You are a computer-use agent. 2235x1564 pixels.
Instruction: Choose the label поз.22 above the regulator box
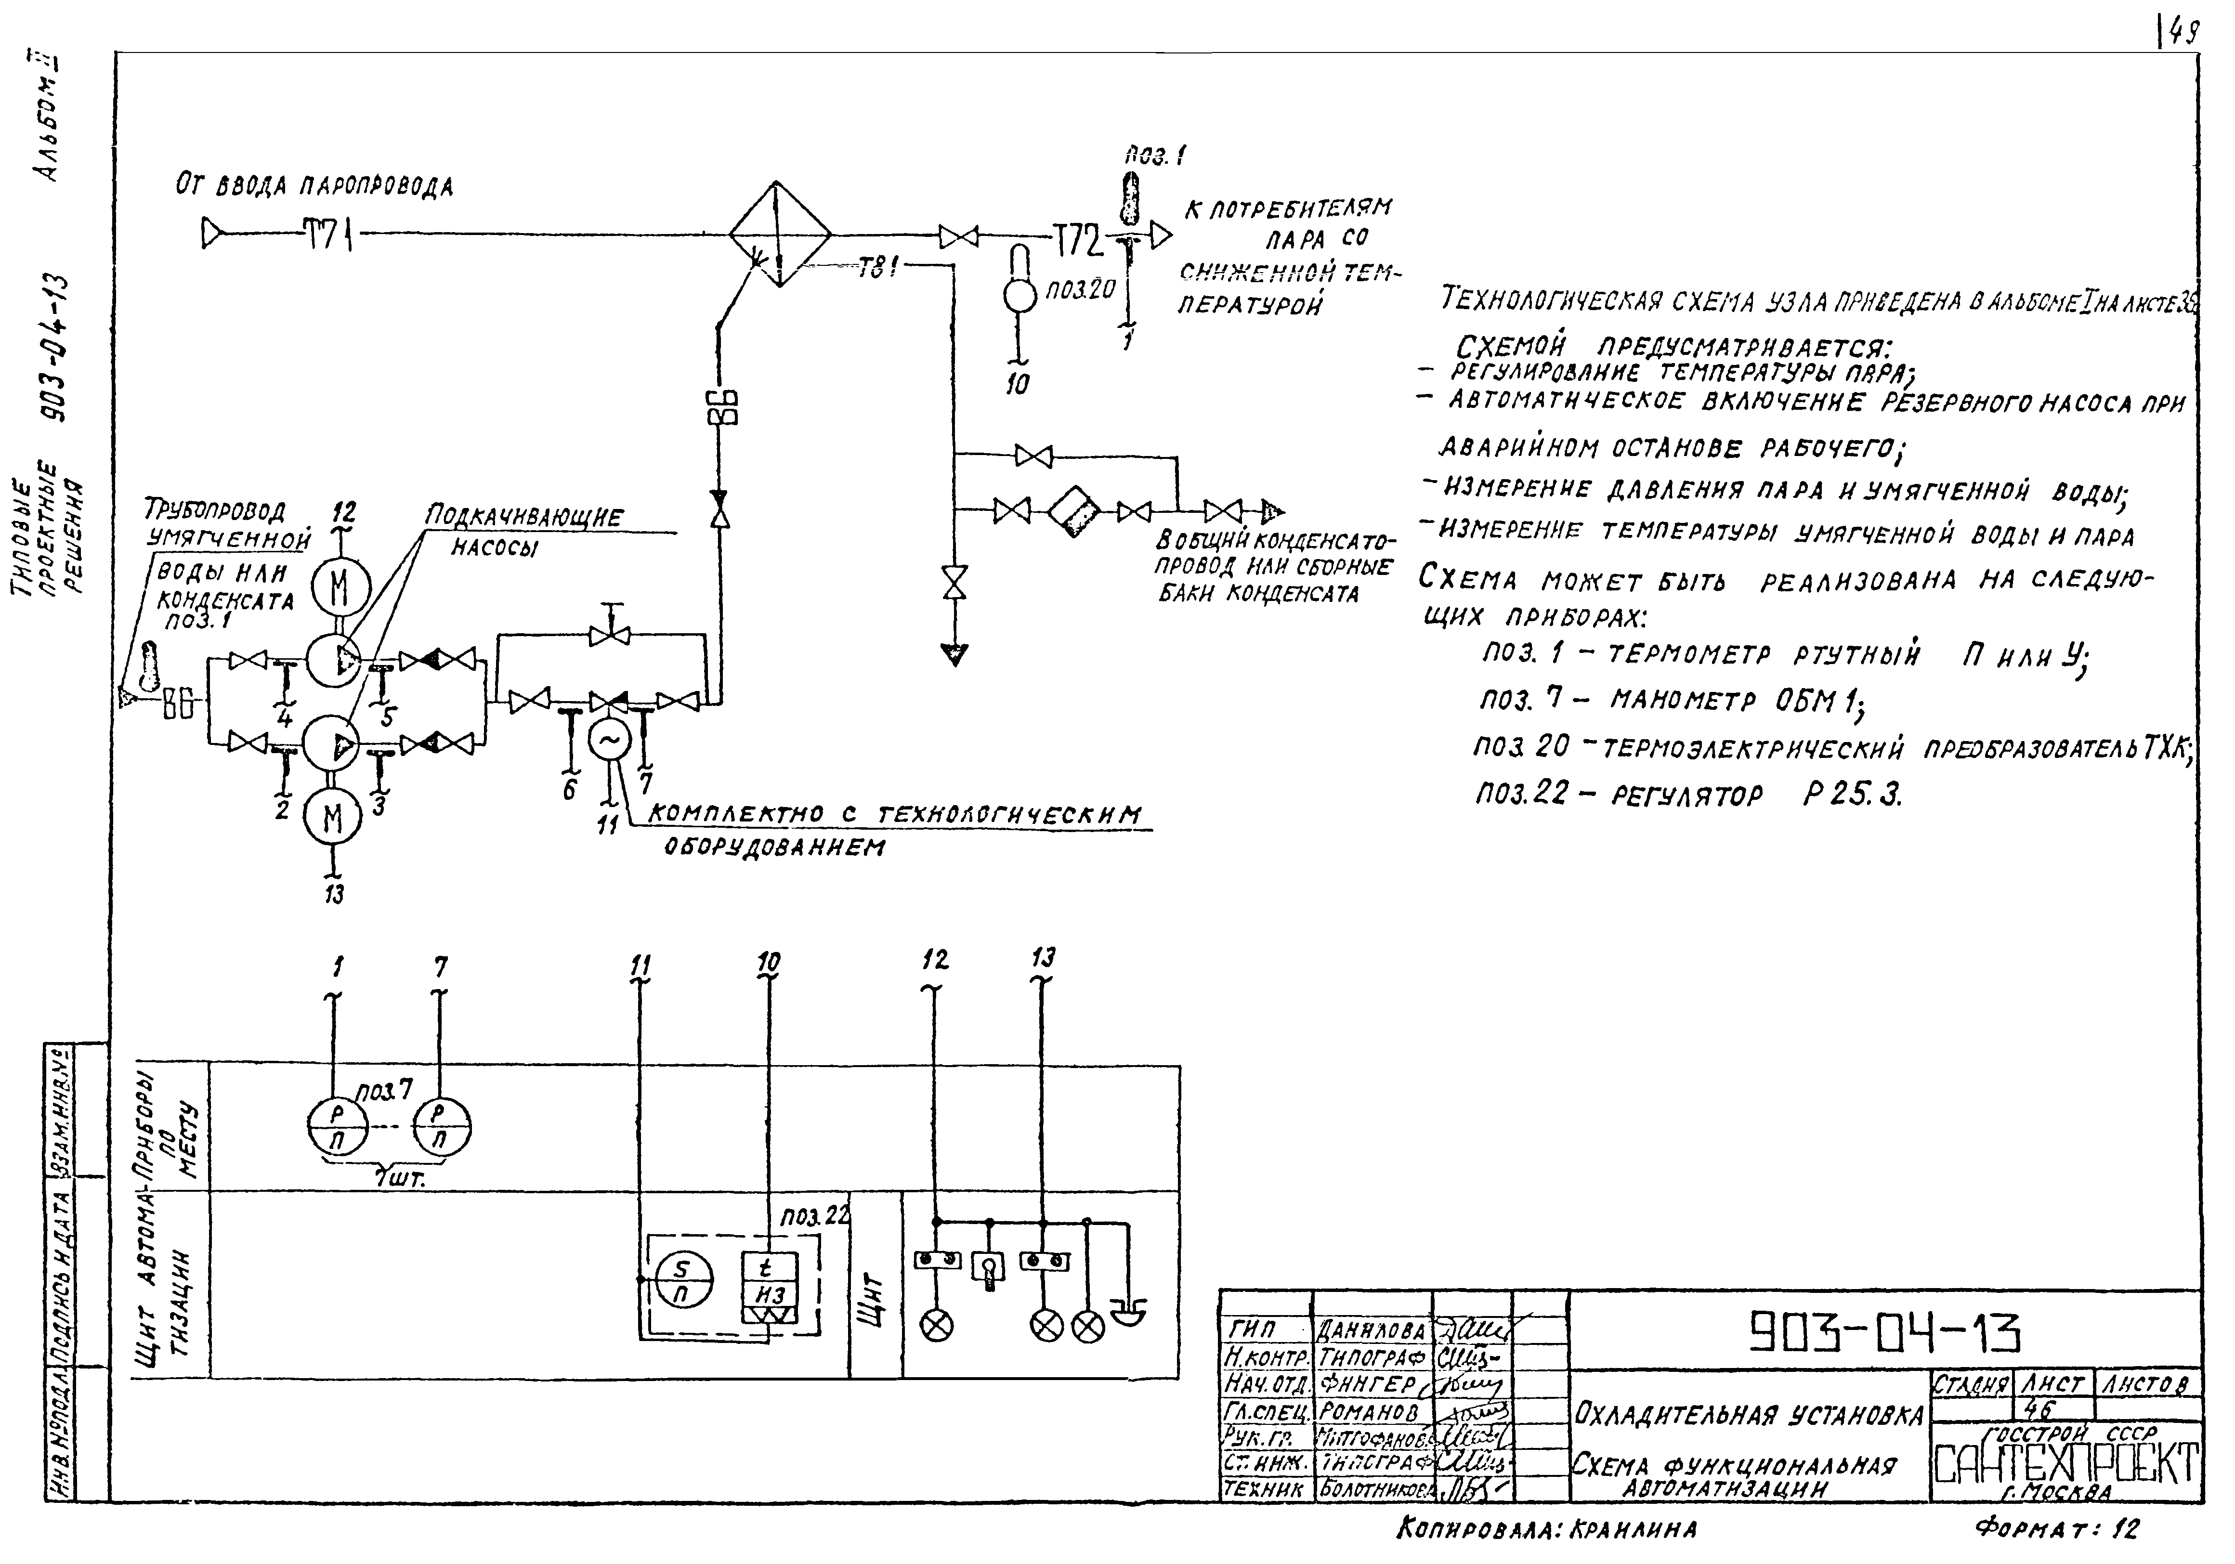tap(814, 1216)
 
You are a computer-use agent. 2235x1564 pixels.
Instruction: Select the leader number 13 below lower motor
tap(334, 893)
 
